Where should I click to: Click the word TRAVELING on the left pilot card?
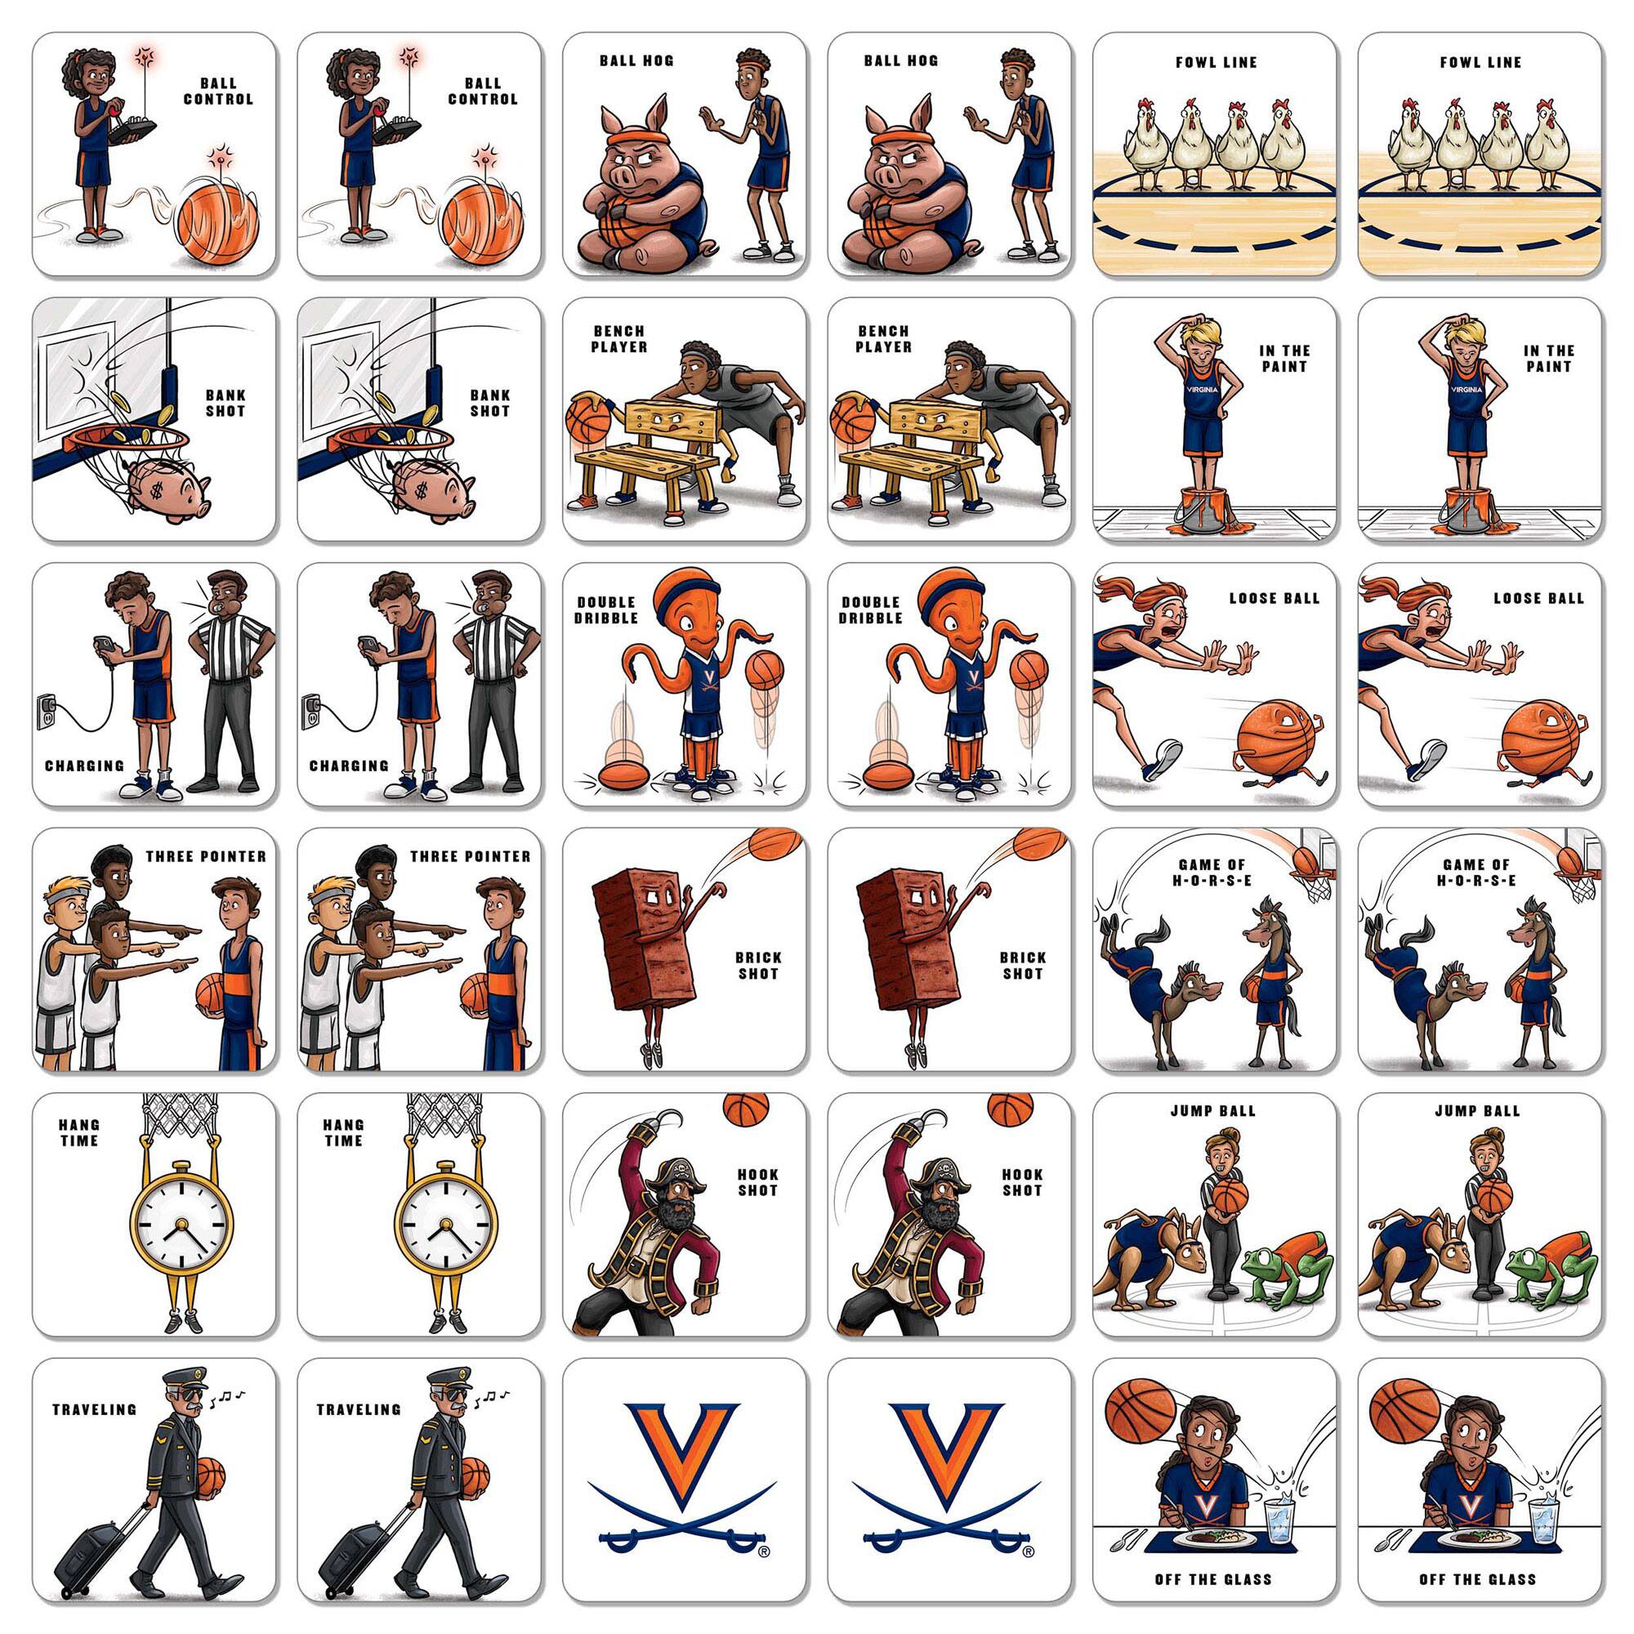[95, 1409]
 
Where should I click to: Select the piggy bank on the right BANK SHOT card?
[434, 489]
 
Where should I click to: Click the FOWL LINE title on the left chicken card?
[1217, 62]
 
